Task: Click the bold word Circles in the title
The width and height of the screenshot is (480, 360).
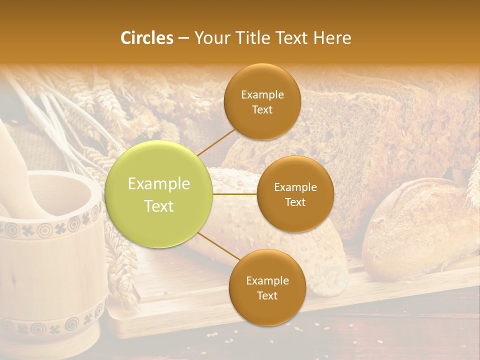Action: (x=146, y=38)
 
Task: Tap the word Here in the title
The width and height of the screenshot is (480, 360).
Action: (x=332, y=38)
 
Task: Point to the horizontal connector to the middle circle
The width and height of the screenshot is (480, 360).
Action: (x=235, y=194)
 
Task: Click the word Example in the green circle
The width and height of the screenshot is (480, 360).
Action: (x=159, y=184)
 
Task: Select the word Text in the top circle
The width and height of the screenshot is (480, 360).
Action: (x=262, y=109)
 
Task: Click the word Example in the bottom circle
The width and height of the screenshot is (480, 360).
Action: (x=267, y=280)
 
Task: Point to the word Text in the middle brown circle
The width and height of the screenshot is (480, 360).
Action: (x=295, y=202)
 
